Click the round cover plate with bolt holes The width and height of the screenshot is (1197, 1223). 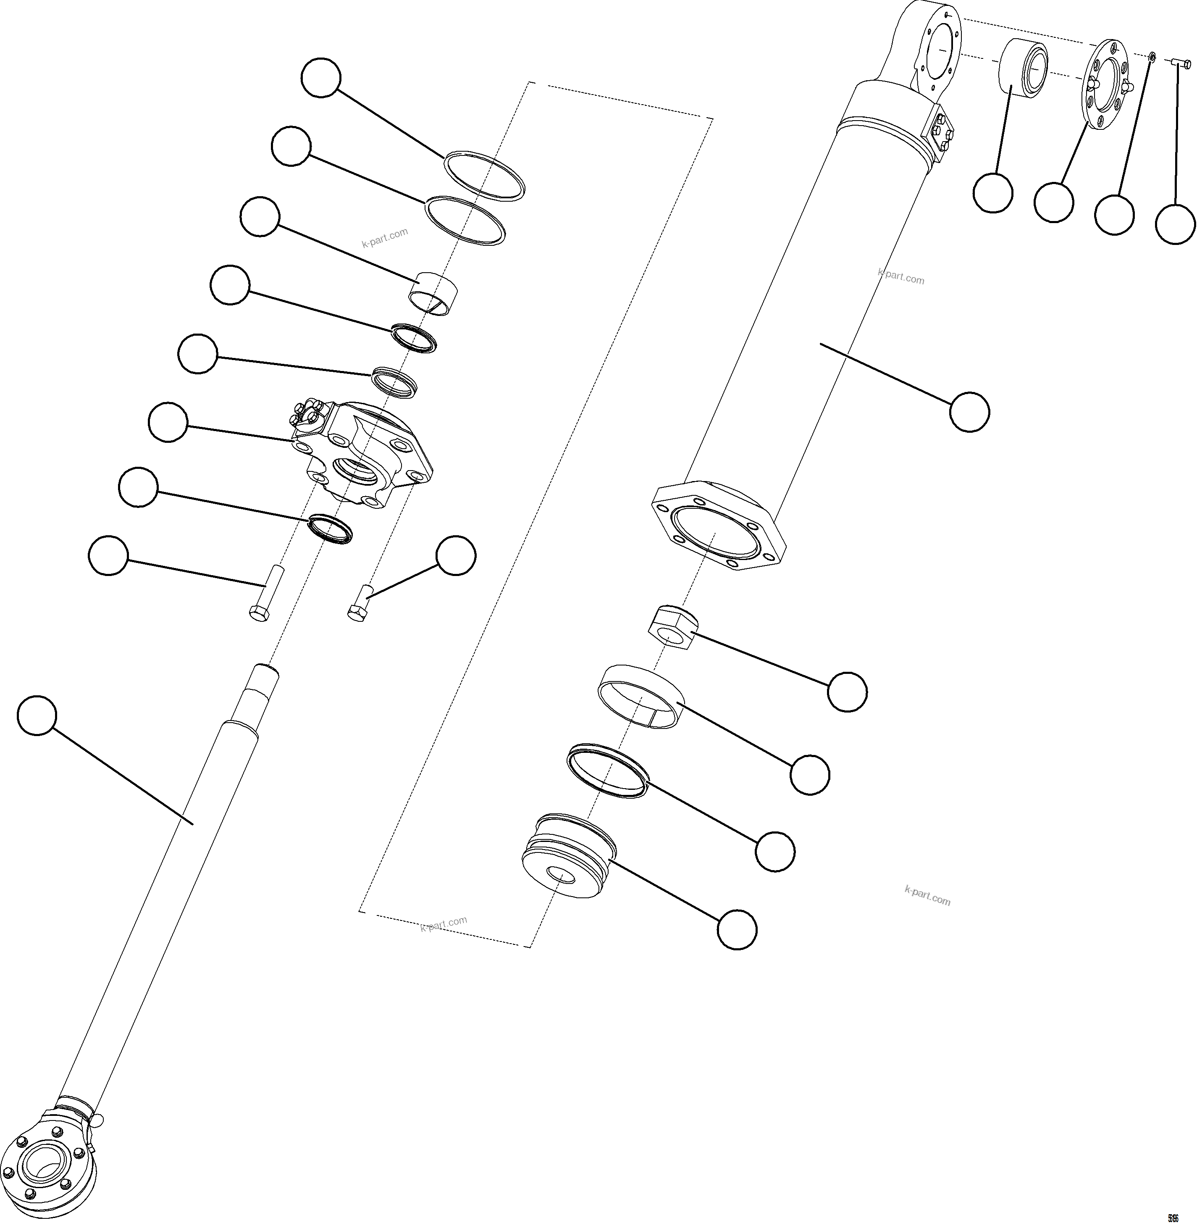point(1106,85)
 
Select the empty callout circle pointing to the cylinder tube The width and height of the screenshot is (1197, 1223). point(969,412)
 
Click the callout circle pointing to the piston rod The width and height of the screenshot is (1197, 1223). point(37,715)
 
